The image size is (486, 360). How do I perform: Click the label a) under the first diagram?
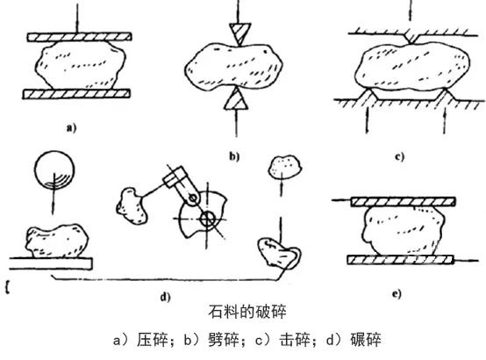click(x=71, y=127)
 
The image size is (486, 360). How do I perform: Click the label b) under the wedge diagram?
click(x=232, y=157)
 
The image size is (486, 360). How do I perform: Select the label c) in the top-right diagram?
click(x=399, y=158)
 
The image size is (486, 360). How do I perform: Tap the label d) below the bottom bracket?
click(x=164, y=297)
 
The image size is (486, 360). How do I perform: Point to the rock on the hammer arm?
click(x=135, y=204)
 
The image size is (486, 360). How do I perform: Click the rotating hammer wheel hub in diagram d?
click(x=207, y=216)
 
